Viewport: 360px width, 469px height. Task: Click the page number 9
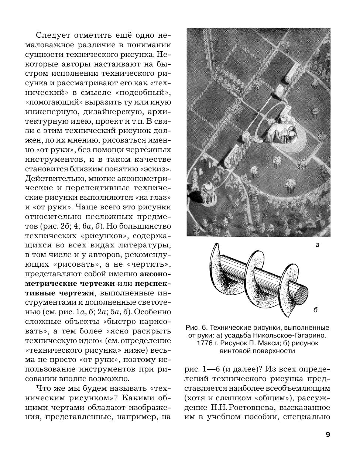coord(328,434)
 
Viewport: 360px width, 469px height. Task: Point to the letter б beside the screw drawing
coord(315,310)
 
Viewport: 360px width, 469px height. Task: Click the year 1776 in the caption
coord(200,343)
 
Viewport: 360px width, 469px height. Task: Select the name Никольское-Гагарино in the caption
coord(290,335)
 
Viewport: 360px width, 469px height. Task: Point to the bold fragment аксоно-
coord(155,274)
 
